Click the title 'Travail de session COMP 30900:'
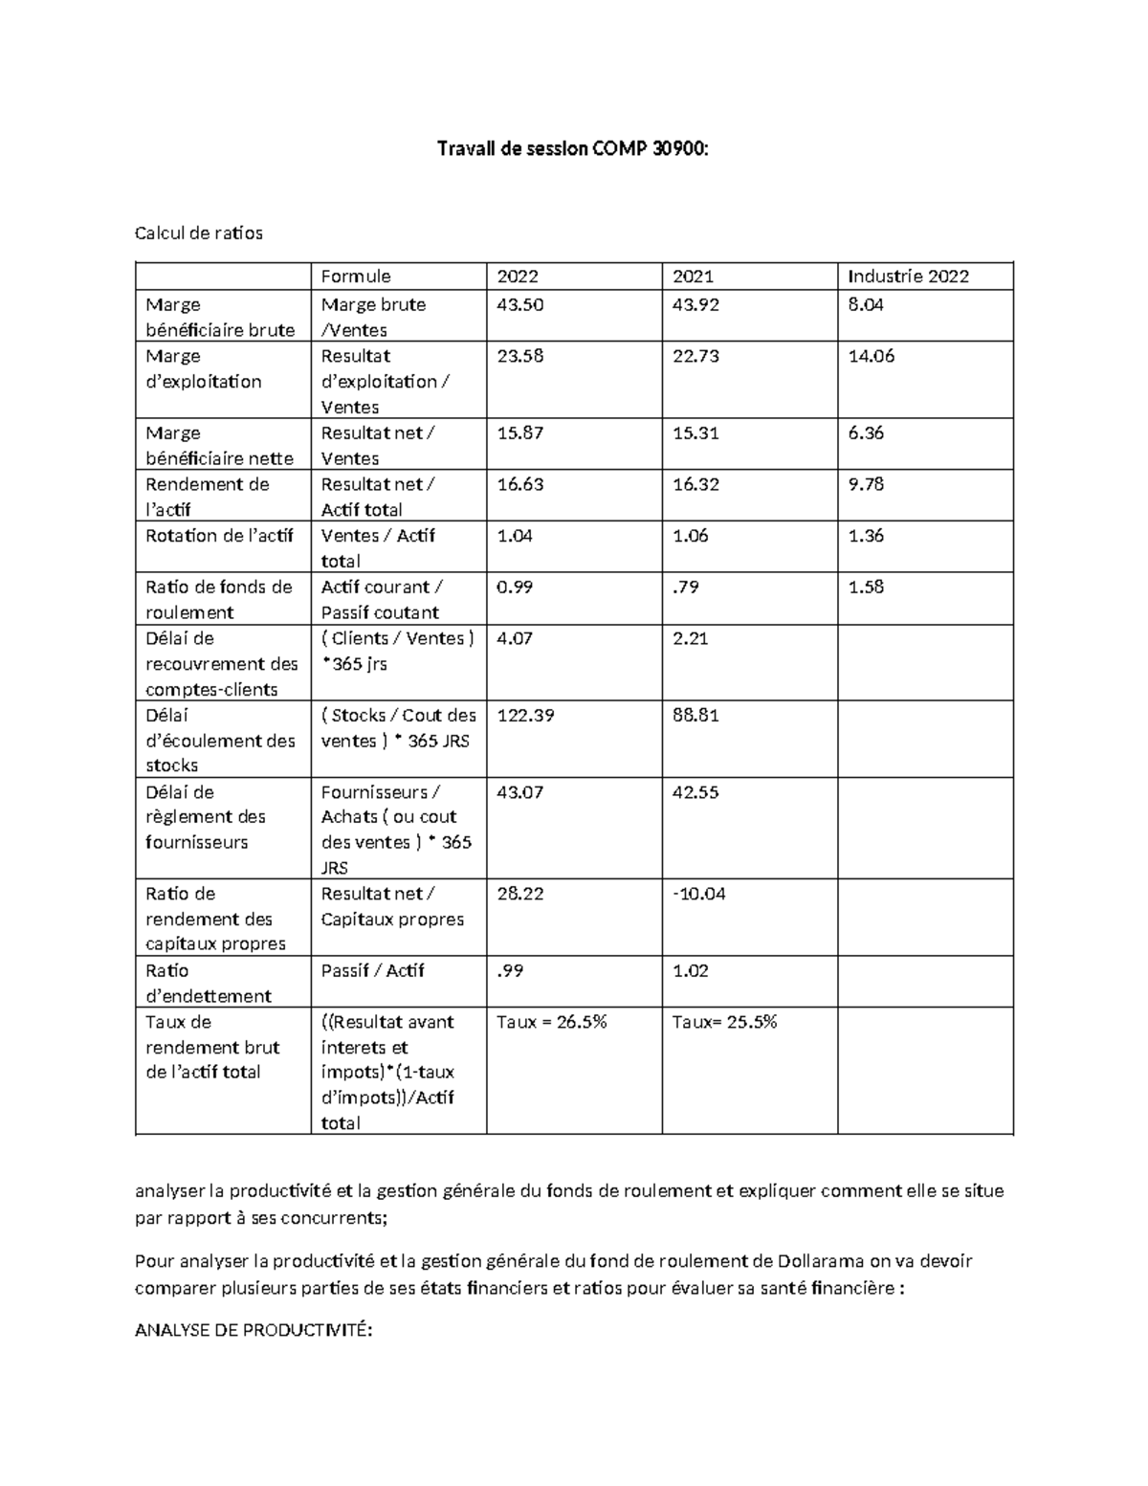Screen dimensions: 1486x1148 click(573, 148)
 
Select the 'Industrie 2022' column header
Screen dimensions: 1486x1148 click(908, 277)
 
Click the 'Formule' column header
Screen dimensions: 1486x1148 click(356, 277)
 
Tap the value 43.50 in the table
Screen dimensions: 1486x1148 click(520, 304)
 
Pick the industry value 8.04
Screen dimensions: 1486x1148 click(866, 304)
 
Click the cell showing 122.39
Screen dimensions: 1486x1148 click(525, 715)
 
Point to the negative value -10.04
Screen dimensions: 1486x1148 click(699, 894)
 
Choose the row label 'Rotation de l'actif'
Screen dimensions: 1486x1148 click(219, 536)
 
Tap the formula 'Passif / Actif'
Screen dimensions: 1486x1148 click(372, 970)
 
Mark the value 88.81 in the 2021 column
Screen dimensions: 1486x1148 click(695, 715)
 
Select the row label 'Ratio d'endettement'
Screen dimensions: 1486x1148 click(209, 983)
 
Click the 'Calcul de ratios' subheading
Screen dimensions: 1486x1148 click(199, 233)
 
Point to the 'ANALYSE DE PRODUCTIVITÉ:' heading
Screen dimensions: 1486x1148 click(253, 1331)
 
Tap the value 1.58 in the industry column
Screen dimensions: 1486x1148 click(866, 587)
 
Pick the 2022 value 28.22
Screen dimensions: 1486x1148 click(520, 894)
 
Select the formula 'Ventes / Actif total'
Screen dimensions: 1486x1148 click(378, 548)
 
